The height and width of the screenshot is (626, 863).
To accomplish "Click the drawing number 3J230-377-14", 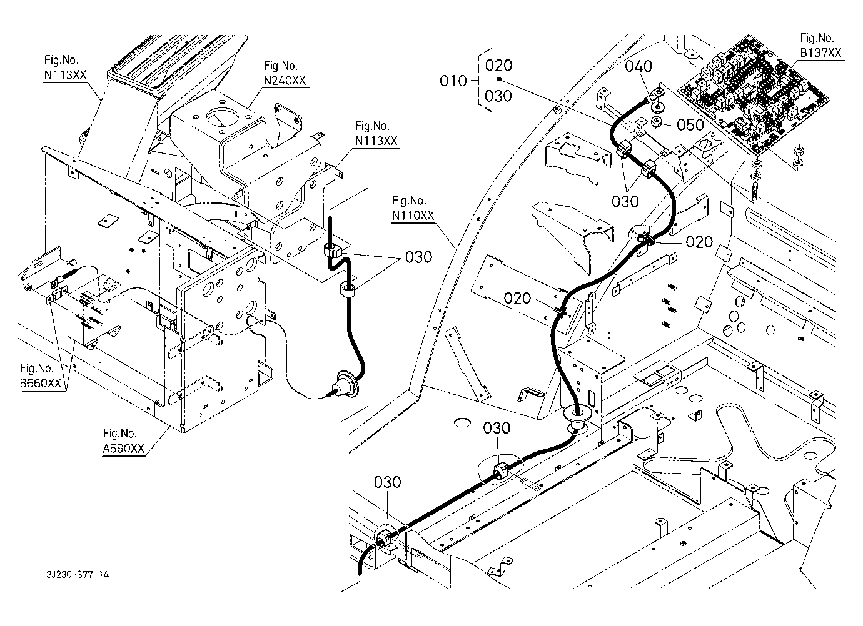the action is pos(78,575).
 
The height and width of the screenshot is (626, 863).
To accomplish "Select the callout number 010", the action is pos(453,81).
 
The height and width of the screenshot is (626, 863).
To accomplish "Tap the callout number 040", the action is pos(638,66).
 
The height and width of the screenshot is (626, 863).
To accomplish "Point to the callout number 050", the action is pos(690,125).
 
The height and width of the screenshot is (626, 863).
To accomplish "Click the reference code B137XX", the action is pos(821,52).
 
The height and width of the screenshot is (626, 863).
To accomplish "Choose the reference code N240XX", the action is pos(285,81).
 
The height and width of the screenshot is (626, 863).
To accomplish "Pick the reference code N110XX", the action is pos(413,215).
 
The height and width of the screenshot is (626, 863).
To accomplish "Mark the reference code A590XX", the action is pos(124,448).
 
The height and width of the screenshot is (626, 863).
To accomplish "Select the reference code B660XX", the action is pos(41,384).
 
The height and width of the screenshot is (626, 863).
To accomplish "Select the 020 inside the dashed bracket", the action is pos(498,66).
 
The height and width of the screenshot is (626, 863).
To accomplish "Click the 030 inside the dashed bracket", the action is pos(498,96).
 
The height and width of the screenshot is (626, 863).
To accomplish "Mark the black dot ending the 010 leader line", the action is pos(499,80).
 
